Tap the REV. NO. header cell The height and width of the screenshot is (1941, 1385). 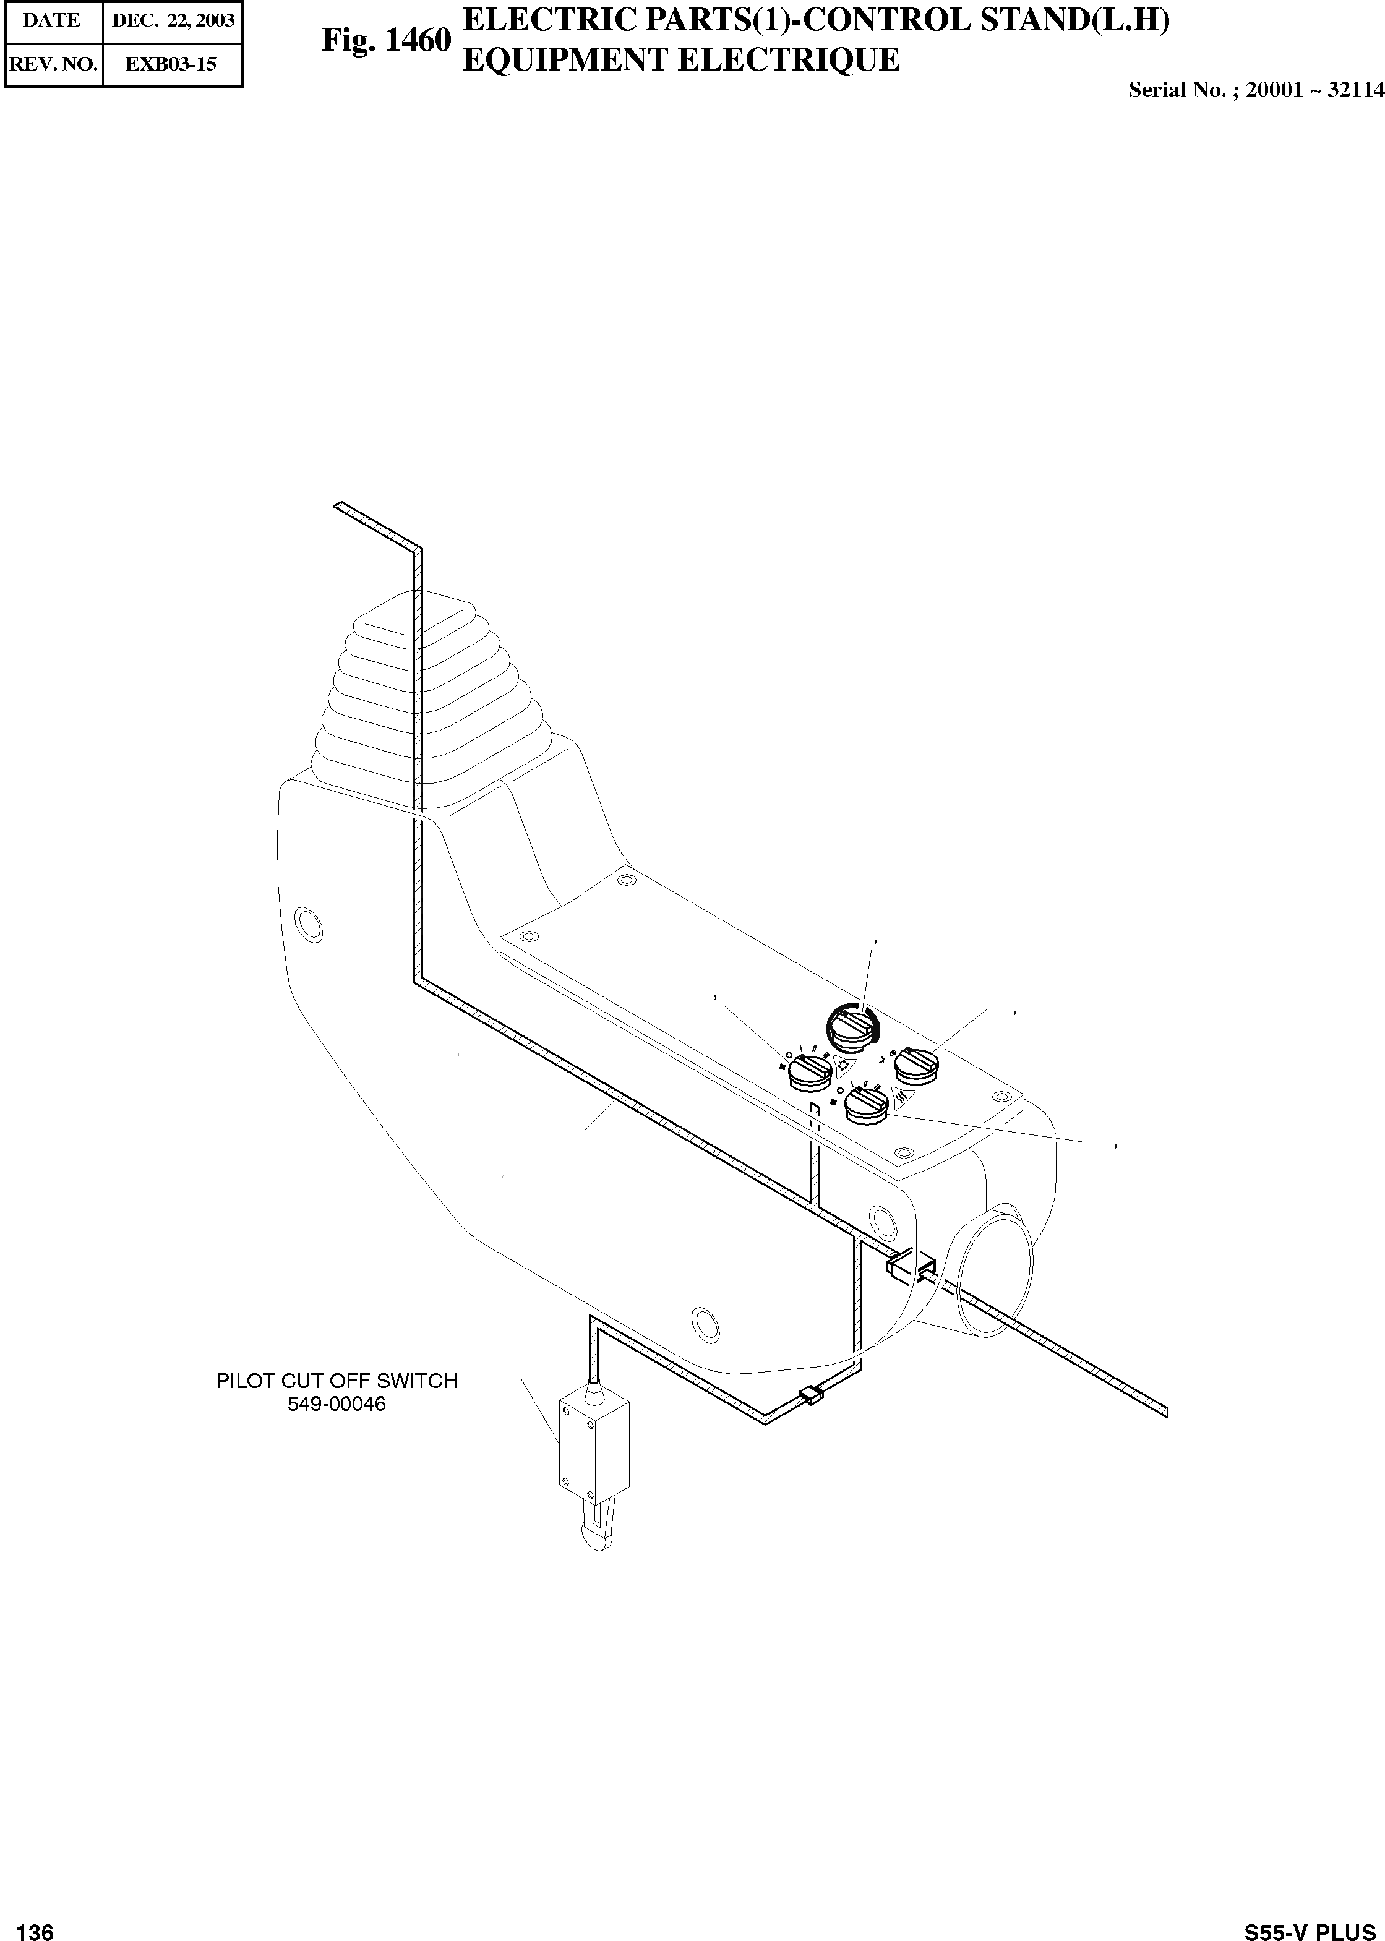click(x=52, y=64)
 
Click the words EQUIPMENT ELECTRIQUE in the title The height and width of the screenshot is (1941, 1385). click(x=680, y=60)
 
